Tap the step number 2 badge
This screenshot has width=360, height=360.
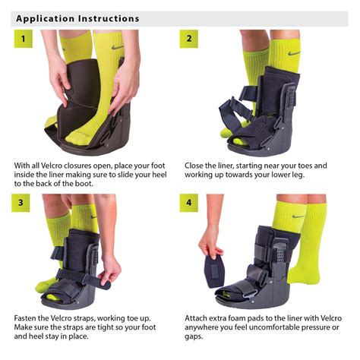pos(188,39)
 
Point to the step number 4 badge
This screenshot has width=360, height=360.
pos(188,204)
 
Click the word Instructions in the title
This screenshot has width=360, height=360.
pos(109,17)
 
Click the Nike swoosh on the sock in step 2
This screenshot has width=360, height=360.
pos(294,53)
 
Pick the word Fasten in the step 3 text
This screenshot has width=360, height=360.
pos(27,317)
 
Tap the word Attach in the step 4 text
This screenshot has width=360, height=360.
pos(197,317)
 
